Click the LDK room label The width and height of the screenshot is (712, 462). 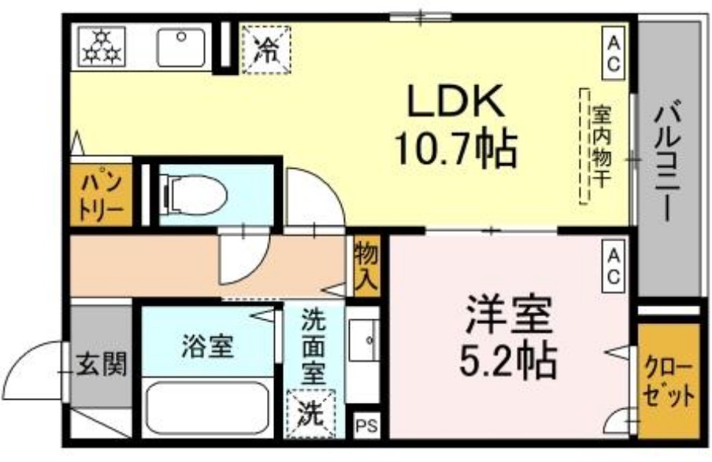(x=454, y=102)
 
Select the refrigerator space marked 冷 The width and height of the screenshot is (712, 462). (x=265, y=49)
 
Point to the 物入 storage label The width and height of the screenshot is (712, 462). (x=367, y=268)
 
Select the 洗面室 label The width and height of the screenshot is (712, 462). (x=314, y=348)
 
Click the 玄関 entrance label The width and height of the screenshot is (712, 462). (x=102, y=364)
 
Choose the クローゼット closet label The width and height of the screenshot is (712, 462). (x=669, y=382)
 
